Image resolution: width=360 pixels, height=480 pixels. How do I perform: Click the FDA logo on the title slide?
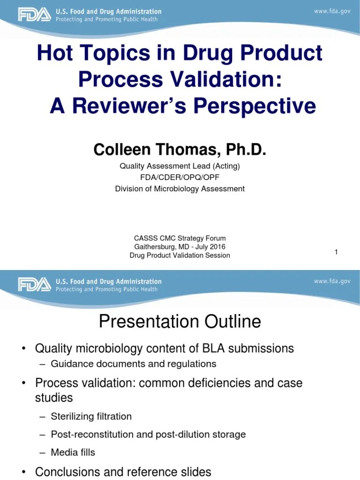point(34,15)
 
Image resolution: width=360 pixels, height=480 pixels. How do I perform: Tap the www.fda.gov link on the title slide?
point(332,11)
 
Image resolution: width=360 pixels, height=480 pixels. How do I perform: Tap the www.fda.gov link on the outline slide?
point(332,281)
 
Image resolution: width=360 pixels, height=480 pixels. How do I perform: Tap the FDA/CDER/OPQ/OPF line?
point(180,177)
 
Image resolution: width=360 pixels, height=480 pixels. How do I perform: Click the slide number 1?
point(336,252)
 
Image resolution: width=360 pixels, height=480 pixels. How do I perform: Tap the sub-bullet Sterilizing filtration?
point(91,416)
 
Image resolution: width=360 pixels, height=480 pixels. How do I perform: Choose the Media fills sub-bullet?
point(73,452)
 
